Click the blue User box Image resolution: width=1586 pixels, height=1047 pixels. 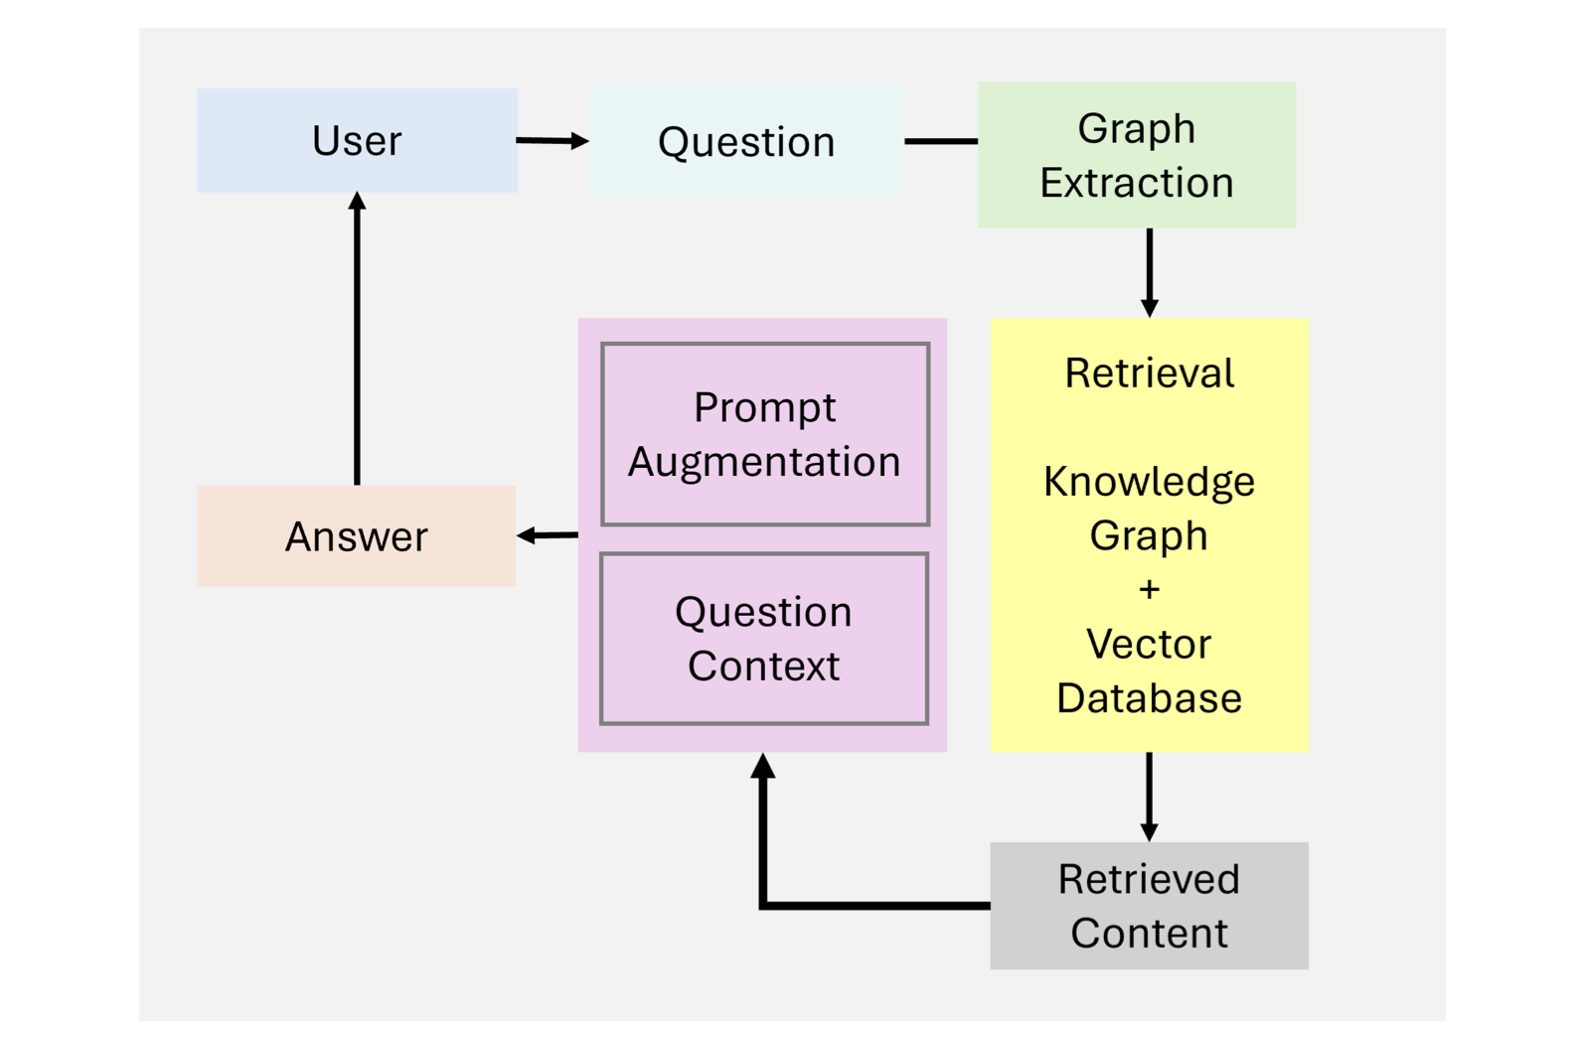(x=357, y=140)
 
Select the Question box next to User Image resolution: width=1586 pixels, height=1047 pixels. (x=747, y=142)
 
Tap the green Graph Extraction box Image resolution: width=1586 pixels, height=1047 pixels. (x=1137, y=155)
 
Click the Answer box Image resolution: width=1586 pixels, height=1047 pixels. (x=357, y=535)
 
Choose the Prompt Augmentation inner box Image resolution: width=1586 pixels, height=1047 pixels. (x=765, y=434)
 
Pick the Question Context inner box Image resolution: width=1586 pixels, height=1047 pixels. (x=764, y=639)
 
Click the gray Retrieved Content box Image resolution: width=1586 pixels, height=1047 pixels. (x=1149, y=905)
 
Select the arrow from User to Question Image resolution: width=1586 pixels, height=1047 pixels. (x=553, y=141)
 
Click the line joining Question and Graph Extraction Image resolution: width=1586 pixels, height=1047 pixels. (x=942, y=142)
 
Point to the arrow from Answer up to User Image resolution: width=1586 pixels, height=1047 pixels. (x=357, y=339)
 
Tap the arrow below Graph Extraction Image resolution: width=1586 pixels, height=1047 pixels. (x=1150, y=273)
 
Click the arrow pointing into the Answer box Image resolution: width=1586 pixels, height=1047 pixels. (x=548, y=535)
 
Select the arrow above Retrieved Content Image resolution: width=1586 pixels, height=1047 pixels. (x=1149, y=797)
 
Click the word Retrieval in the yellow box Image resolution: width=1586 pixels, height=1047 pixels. (x=1150, y=374)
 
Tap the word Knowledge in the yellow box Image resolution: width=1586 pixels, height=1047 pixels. (x=1149, y=483)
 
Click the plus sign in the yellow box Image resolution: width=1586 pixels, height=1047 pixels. (x=1149, y=589)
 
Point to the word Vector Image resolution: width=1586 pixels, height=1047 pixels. (x=1149, y=645)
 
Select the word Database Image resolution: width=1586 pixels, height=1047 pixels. (x=1149, y=698)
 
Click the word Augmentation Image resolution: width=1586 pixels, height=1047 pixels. (x=765, y=462)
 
